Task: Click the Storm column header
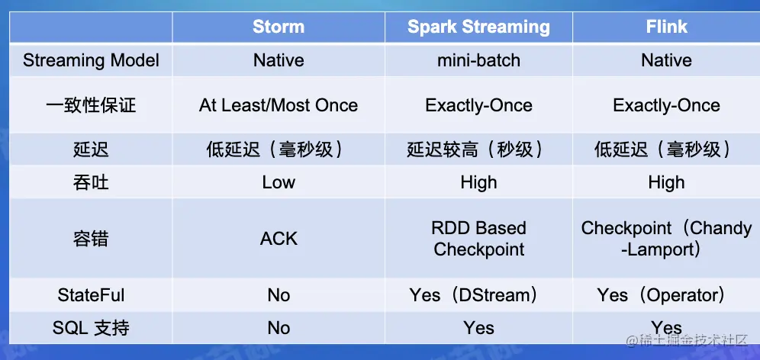[279, 27]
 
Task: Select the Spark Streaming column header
[478, 27]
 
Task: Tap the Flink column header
[666, 27]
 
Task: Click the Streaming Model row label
[91, 60]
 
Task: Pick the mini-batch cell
[478, 60]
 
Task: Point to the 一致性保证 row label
[91, 105]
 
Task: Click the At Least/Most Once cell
[279, 105]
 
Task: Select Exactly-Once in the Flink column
[666, 105]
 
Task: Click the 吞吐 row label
[91, 182]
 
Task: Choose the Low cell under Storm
[279, 182]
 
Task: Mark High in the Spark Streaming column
[478, 182]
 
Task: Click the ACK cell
[279, 239]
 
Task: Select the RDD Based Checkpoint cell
[478, 239]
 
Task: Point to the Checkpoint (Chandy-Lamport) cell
[666, 239]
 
